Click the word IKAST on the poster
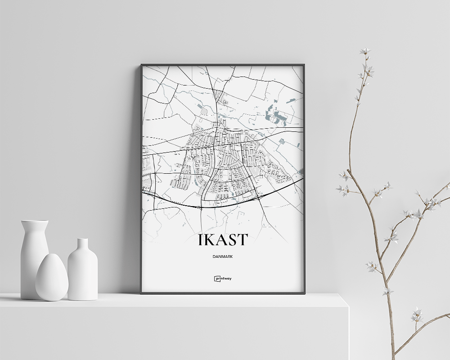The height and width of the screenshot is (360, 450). coord(222,240)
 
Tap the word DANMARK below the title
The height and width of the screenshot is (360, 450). coord(223,257)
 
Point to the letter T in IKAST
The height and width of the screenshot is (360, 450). coord(243,240)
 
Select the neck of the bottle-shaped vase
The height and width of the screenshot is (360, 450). coord(82,246)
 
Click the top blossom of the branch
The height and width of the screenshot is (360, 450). coord(364,52)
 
